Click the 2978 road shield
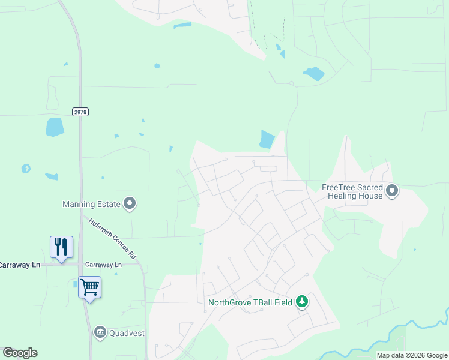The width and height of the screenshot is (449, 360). (80, 112)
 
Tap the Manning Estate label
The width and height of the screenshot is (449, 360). (91, 204)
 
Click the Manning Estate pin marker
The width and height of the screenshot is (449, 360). (130, 204)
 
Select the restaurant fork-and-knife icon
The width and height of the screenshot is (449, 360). (62, 247)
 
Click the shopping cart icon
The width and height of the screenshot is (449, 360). (89, 287)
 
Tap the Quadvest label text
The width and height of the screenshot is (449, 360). (127, 332)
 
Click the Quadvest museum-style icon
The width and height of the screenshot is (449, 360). (100, 331)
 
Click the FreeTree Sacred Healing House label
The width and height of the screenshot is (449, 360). (352, 191)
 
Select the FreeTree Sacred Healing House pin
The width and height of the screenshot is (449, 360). (393, 191)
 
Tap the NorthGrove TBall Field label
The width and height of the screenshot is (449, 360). (250, 302)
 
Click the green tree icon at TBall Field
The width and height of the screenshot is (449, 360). (303, 302)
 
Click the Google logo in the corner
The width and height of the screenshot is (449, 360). (20, 353)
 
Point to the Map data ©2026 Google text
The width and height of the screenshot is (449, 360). (412, 356)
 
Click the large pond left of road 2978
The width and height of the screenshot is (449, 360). (55, 127)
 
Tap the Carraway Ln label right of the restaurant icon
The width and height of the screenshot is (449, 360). (103, 265)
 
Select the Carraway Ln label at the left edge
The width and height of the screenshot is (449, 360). (19, 265)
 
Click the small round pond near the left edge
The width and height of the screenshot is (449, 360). (26, 169)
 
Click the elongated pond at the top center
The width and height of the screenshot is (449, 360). (182, 26)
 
